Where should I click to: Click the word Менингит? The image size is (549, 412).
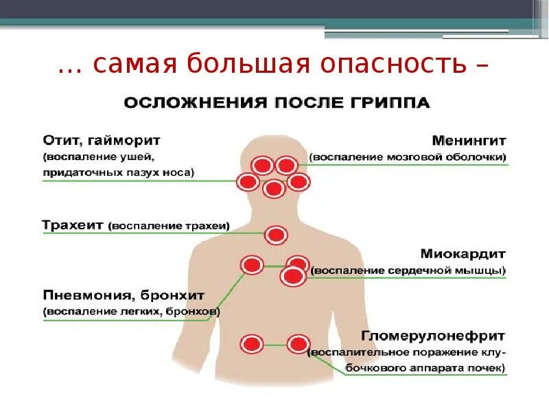(x=469, y=140)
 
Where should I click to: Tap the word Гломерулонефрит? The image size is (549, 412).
(x=433, y=336)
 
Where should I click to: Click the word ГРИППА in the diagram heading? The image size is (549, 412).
(x=393, y=103)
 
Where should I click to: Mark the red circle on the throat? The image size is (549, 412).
(x=277, y=235)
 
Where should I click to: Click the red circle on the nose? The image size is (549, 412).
(x=274, y=188)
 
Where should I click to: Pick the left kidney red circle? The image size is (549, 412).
(x=251, y=343)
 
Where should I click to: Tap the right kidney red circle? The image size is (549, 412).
(x=299, y=343)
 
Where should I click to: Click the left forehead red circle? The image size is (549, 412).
(x=261, y=165)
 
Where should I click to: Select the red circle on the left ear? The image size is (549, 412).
(x=248, y=182)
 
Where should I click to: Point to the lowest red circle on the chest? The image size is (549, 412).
(x=293, y=276)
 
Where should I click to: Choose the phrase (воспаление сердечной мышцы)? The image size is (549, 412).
(x=408, y=271)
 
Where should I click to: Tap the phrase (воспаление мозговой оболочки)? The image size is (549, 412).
(x=408, y=158)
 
